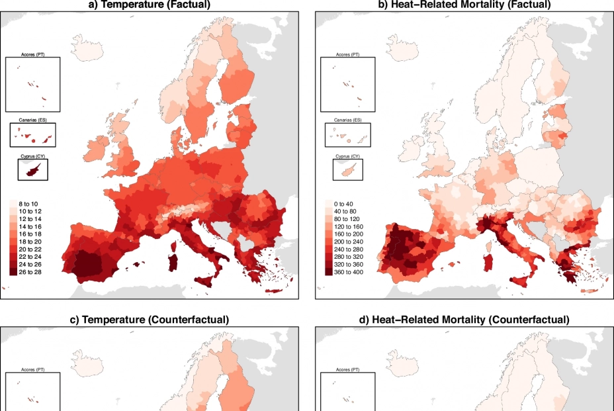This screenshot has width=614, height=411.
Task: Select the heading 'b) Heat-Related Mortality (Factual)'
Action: [463, 5]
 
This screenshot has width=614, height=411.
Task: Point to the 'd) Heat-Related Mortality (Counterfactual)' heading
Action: [463, 320]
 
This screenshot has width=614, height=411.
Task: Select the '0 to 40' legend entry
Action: [343, 204]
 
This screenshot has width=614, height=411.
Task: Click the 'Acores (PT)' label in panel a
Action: [32, 54]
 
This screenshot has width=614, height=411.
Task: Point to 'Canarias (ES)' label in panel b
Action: [347, 120]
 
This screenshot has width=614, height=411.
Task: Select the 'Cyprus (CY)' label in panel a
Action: [32, 156]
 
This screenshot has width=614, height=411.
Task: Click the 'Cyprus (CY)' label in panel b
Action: [347, 156]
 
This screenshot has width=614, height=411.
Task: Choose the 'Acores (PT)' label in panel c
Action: [32, 369]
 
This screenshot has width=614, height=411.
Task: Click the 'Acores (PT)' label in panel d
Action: [347, 369]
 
